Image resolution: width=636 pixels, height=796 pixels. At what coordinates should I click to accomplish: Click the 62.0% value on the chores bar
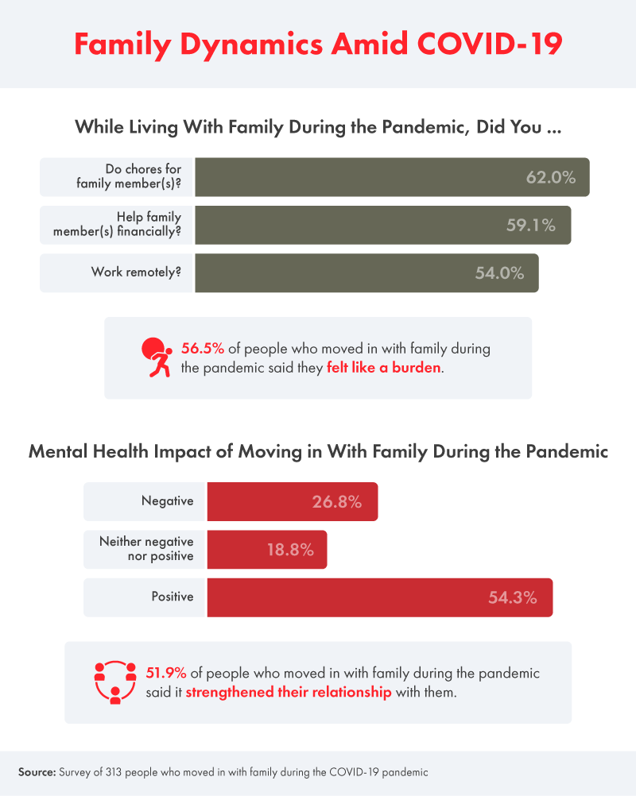pyautogui.click(x=550, y=177)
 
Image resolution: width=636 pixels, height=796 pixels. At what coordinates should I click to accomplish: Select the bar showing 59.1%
pyautogui.click(x=382, y=225)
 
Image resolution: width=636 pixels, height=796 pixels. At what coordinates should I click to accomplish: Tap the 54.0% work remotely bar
pyautogui.click(x=366, y=273)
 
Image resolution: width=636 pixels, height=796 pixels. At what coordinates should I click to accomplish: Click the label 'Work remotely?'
pyautogui.click(x=136, y=272)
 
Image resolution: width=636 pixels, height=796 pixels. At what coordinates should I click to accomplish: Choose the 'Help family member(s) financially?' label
pyautogui.click(x=130, y=224)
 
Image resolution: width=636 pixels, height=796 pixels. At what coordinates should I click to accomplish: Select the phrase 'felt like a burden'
pyautogui.click(x=383, y=369)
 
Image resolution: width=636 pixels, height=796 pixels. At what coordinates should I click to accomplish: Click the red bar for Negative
pyautogui.click(x=292, y=501)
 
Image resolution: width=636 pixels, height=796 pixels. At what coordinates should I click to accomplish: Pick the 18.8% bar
pyautogui.click(x=266, y=549)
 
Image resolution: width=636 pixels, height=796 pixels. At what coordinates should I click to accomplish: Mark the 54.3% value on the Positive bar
pyautogui.click(x=513, y=597)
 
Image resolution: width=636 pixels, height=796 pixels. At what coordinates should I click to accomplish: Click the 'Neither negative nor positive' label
pyautogui.click(x=146, y=548)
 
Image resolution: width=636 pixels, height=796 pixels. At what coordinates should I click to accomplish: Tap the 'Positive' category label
pyautogui.click(x=173, y=597)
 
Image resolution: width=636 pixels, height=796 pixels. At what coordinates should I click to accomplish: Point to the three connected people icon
pyautogui.click(x=115, y=682)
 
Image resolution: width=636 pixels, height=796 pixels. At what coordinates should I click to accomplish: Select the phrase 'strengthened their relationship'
pyautogui.click(x=289, y=692)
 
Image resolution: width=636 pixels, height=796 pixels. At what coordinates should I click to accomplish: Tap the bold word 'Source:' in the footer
pyautogui.click(x=41, y=771)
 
